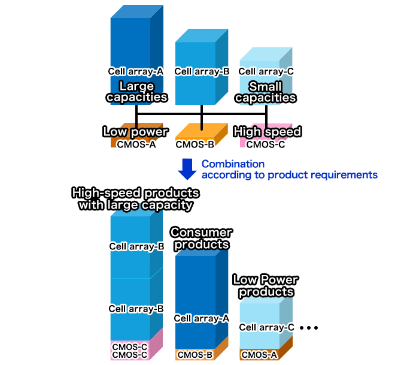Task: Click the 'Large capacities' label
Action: (136, 91)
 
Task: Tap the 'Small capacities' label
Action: (265, 91)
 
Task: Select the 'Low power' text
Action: (136, 131)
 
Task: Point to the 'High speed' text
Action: (267, 131)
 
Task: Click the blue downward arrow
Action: (188, 169)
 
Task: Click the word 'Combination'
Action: (233, 164)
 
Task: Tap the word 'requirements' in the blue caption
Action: (348, 174)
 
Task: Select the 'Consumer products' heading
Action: (201, 238)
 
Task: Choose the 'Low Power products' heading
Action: (265, 285)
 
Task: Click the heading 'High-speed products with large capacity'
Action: (135, 199)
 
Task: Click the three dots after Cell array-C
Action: (309, 328)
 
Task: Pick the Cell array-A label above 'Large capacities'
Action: (136, 71)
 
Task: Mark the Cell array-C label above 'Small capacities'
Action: (266, 71)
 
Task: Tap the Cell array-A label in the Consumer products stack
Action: (202, 319)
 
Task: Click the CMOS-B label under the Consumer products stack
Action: (195, 354)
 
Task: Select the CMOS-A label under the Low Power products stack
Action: (259, 354)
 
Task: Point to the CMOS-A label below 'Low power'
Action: (136, 144)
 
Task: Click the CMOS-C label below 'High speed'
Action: (266, 144)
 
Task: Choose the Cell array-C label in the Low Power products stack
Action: (267, 327)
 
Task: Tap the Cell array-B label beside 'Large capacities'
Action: (202, 71)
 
